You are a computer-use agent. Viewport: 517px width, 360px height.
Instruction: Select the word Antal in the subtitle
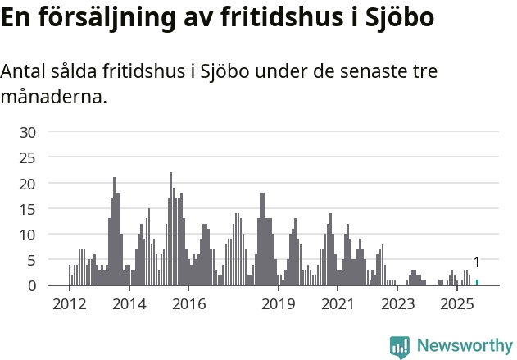(x=25, y=71)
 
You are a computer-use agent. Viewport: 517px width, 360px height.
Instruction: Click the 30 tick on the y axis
(x=28, y=132)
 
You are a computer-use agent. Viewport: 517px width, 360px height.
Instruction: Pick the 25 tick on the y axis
(x=28, y=157)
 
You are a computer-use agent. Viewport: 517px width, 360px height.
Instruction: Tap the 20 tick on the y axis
(x=28, y=184)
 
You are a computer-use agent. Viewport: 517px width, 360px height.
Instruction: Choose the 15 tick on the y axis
(x=28, y=209)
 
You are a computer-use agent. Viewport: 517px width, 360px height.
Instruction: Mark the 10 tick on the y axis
(x=28, y=235)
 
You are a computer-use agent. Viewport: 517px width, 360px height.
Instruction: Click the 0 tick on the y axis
(x=32, y=285)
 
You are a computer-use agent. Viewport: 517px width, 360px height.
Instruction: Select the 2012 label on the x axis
(x=69, y=304)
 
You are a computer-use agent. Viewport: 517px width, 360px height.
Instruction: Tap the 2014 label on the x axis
(x=129, y=304)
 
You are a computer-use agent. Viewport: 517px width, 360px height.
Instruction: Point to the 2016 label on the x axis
(x=188, y=304)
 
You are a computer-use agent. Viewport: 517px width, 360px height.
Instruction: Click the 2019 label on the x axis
(x=279, y=304)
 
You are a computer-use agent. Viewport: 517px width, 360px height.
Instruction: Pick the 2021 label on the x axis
(x=338, y=304)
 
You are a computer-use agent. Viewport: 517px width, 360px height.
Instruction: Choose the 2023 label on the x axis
(x=398, y=304)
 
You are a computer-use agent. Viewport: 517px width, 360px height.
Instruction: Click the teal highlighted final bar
(x=477, y=283)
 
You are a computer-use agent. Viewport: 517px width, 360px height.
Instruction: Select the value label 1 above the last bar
(x=477, y=262)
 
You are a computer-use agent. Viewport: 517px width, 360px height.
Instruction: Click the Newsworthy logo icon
(x=400, y=347)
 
